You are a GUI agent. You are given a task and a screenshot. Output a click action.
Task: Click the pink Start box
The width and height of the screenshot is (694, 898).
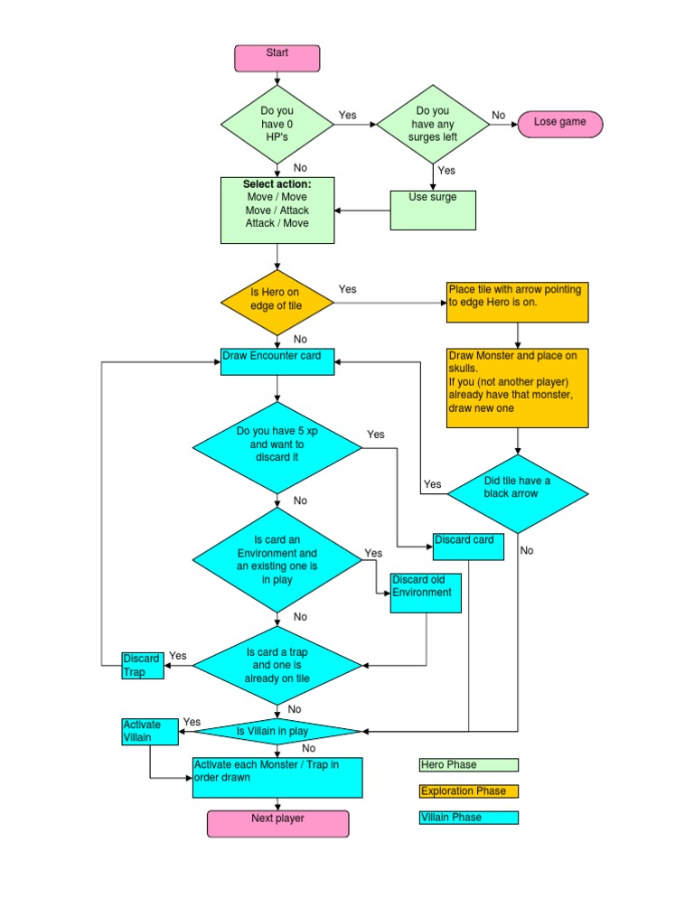pos(277,58)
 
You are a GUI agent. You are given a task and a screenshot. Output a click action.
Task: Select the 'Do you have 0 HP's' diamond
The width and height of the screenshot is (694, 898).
pos(277,125)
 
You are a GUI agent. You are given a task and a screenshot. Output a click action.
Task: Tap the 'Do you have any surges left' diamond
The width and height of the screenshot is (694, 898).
pos(432,125)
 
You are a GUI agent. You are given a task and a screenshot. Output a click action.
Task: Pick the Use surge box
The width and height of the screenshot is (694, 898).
pos(433,210)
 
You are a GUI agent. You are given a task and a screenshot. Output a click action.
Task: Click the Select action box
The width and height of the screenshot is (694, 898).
pos(277,210)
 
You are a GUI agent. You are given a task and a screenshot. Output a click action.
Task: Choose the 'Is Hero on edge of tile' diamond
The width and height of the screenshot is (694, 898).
pos(277,301)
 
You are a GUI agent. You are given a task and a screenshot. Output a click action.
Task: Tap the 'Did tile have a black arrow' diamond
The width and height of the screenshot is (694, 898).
pos(518,493)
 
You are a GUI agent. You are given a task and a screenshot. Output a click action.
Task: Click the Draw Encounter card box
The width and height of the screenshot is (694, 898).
pos(277,361)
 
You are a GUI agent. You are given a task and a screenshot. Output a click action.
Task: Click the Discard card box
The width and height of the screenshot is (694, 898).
pos(468,547)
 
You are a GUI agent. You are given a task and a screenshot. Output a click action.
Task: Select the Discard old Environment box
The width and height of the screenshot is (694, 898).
pos(427,593)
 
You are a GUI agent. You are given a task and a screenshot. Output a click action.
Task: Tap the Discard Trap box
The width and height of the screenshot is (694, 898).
pos(143,666)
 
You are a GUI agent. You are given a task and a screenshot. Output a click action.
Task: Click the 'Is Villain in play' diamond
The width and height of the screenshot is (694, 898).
pos(277,731)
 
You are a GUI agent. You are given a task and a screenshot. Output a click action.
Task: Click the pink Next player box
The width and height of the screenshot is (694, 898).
pos(277,824)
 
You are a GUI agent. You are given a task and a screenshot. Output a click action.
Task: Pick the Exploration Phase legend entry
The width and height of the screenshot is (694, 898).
pos(469,791)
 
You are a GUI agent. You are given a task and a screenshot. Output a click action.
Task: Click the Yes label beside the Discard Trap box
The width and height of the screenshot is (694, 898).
pos(178,656)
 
